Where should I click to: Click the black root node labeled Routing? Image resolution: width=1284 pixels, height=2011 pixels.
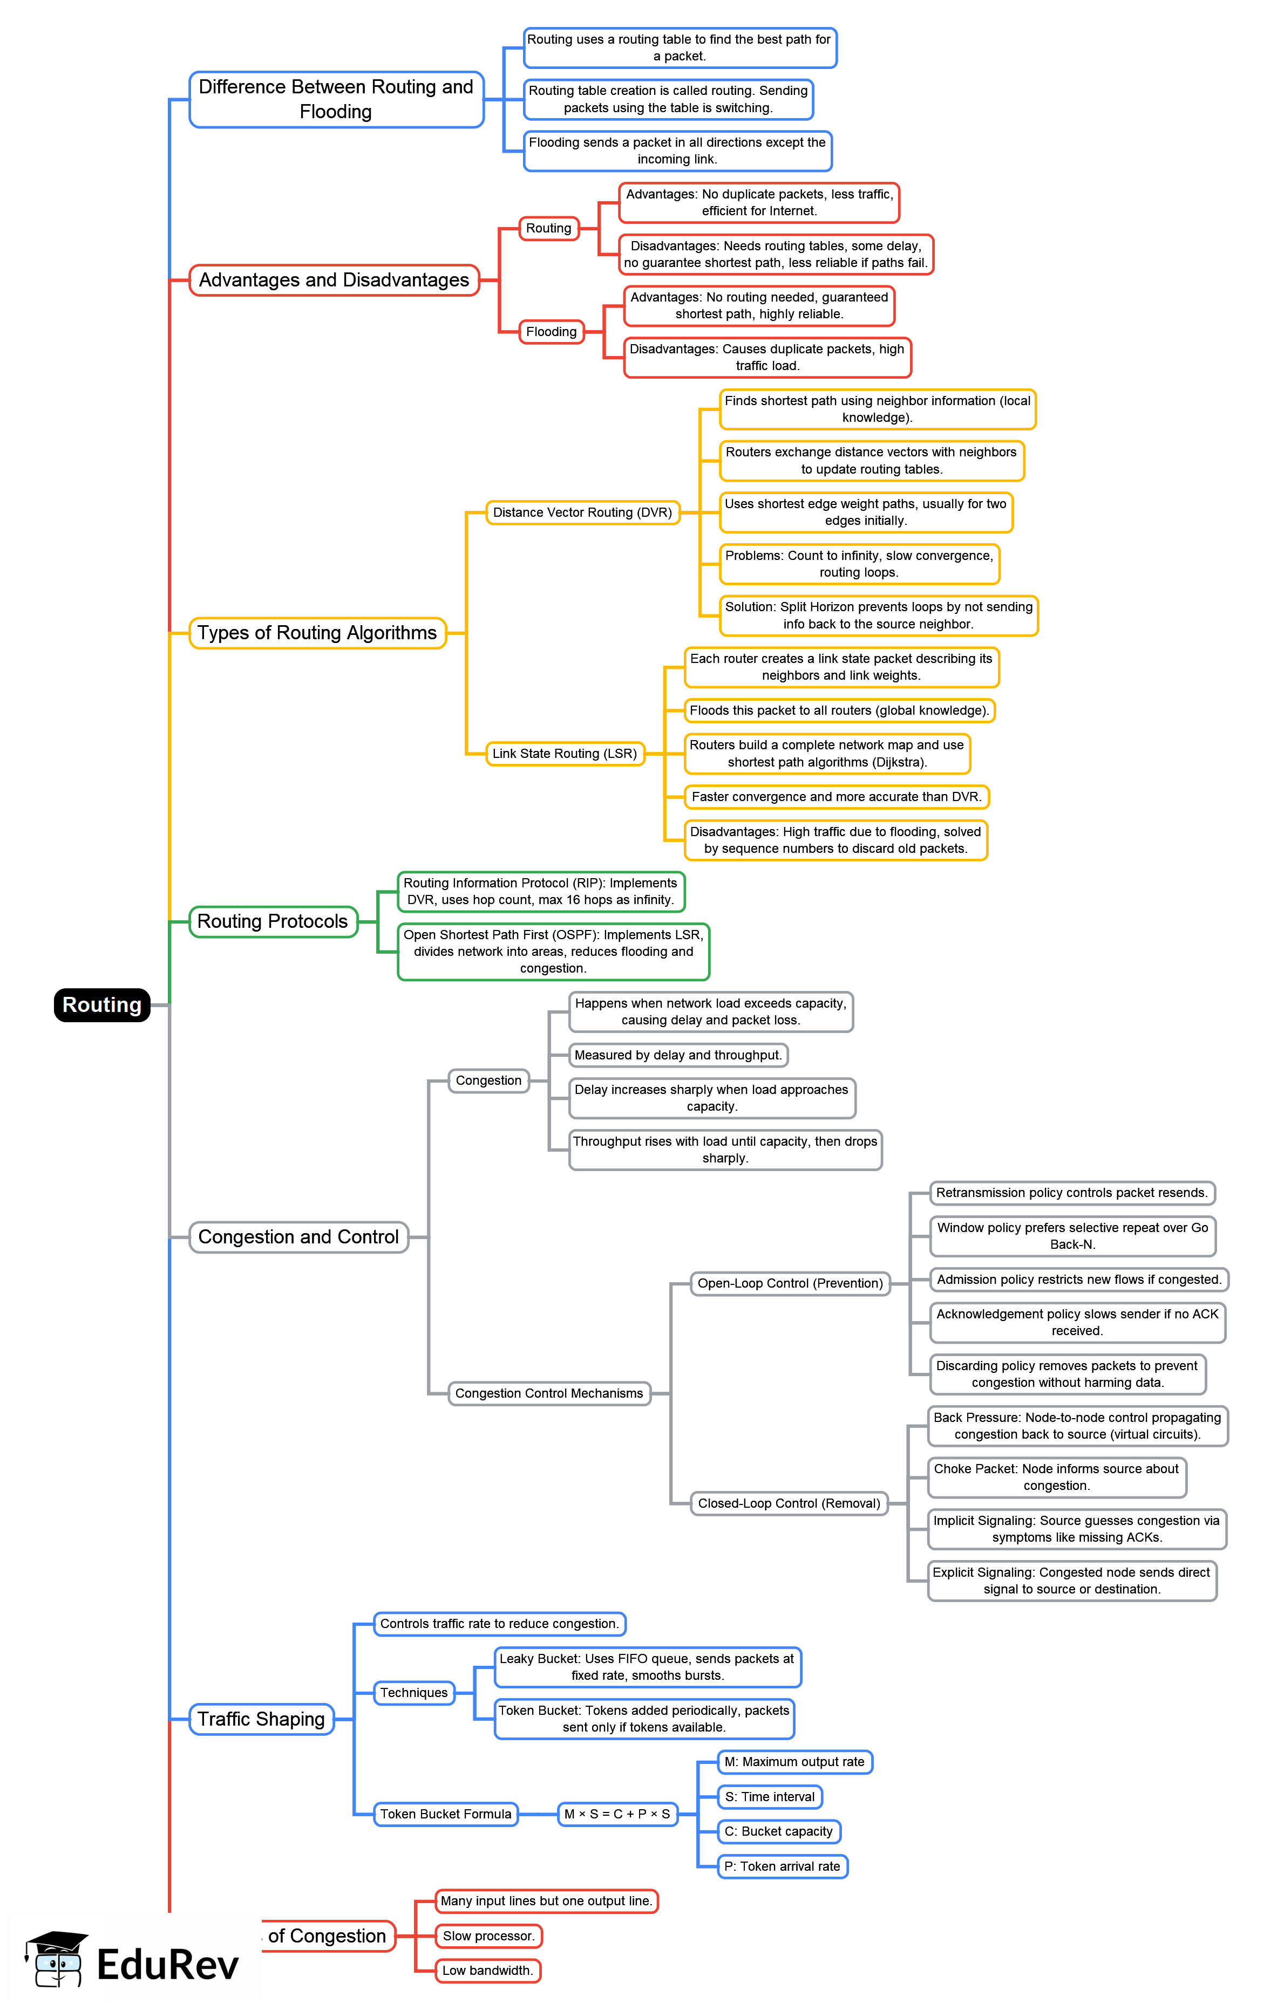(102, 1004)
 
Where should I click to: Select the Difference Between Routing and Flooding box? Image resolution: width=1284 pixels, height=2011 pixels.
(336, 99)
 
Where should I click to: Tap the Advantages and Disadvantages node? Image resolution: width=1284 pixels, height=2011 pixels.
(334, 280)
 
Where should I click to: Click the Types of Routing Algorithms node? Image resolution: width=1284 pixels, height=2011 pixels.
(317, 633)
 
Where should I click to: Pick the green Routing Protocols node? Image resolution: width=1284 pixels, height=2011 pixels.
(273, 921)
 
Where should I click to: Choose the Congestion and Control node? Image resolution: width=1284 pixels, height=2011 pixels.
(298, 1237)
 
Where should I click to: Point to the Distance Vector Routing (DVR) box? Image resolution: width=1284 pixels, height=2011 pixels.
(582, 513)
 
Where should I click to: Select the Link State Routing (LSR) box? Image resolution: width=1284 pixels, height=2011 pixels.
(565, 753)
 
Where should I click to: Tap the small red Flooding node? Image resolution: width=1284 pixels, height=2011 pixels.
(552, 332)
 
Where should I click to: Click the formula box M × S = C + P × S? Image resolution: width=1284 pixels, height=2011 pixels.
(617, 1814)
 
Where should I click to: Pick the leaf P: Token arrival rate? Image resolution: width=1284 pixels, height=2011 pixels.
(782, 1866)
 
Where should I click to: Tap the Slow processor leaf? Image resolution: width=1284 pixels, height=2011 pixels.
(488, 1936)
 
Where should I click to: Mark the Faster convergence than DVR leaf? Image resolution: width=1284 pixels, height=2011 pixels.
(836, 797)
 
